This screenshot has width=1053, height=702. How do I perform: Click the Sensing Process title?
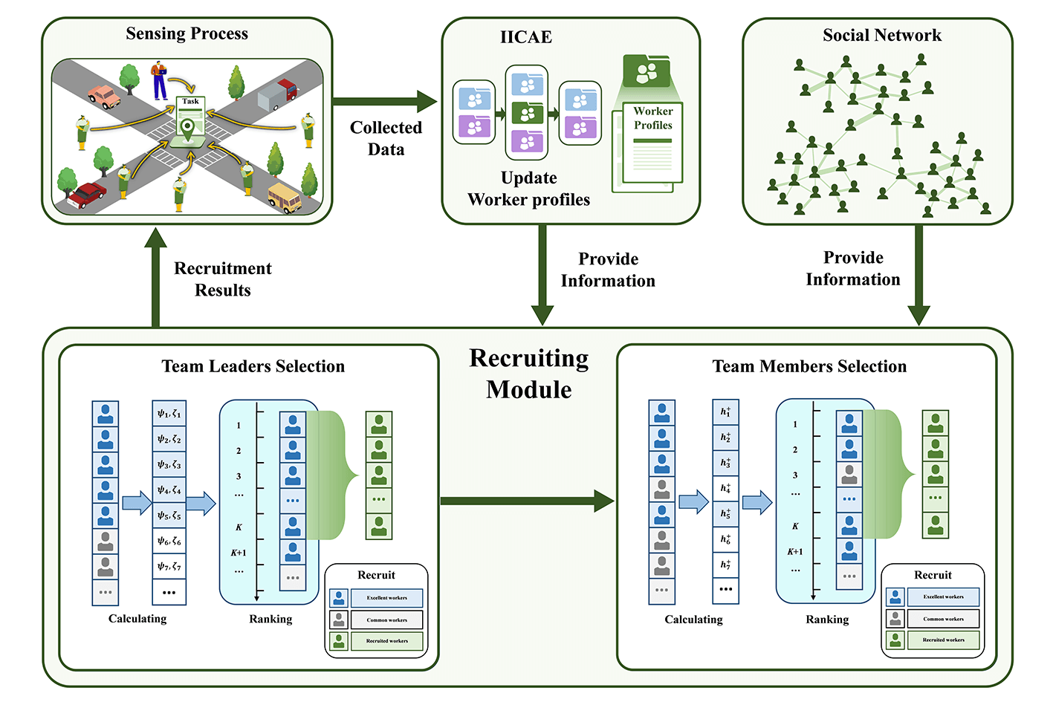187,33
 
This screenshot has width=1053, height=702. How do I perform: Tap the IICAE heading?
525,37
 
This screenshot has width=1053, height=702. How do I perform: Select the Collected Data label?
386,138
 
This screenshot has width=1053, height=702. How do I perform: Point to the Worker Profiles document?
652,145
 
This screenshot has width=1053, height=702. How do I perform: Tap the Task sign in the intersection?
190,102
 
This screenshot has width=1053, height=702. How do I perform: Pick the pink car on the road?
104,97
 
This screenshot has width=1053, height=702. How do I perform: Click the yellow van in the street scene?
284,198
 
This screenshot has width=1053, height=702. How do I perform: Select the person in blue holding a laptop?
159,80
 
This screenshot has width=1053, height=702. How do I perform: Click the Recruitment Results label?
222,279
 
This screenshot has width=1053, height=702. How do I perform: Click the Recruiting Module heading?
529,374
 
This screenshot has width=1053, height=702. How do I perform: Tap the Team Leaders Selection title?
253,366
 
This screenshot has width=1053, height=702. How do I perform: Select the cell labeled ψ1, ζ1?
169,414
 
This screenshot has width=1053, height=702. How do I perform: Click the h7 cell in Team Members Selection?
725,565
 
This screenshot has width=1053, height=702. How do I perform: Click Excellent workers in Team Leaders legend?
386,598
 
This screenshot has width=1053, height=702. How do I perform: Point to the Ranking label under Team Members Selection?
827,620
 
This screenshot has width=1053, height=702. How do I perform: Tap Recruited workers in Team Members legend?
943,640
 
